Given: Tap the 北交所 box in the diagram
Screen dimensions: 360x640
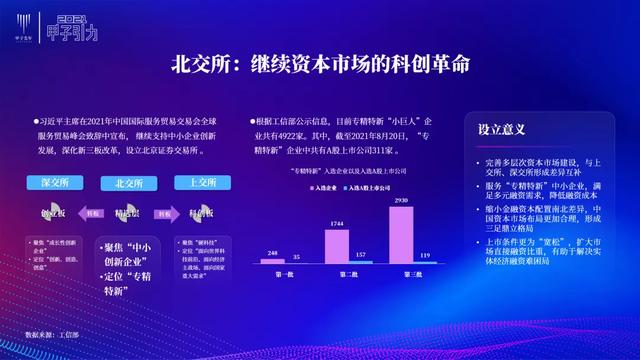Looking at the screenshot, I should [129, 183].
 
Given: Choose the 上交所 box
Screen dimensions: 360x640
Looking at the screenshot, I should [197, 183].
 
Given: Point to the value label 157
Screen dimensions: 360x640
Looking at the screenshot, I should [364, 255].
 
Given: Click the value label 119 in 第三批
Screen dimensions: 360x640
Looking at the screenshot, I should [427, 256].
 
